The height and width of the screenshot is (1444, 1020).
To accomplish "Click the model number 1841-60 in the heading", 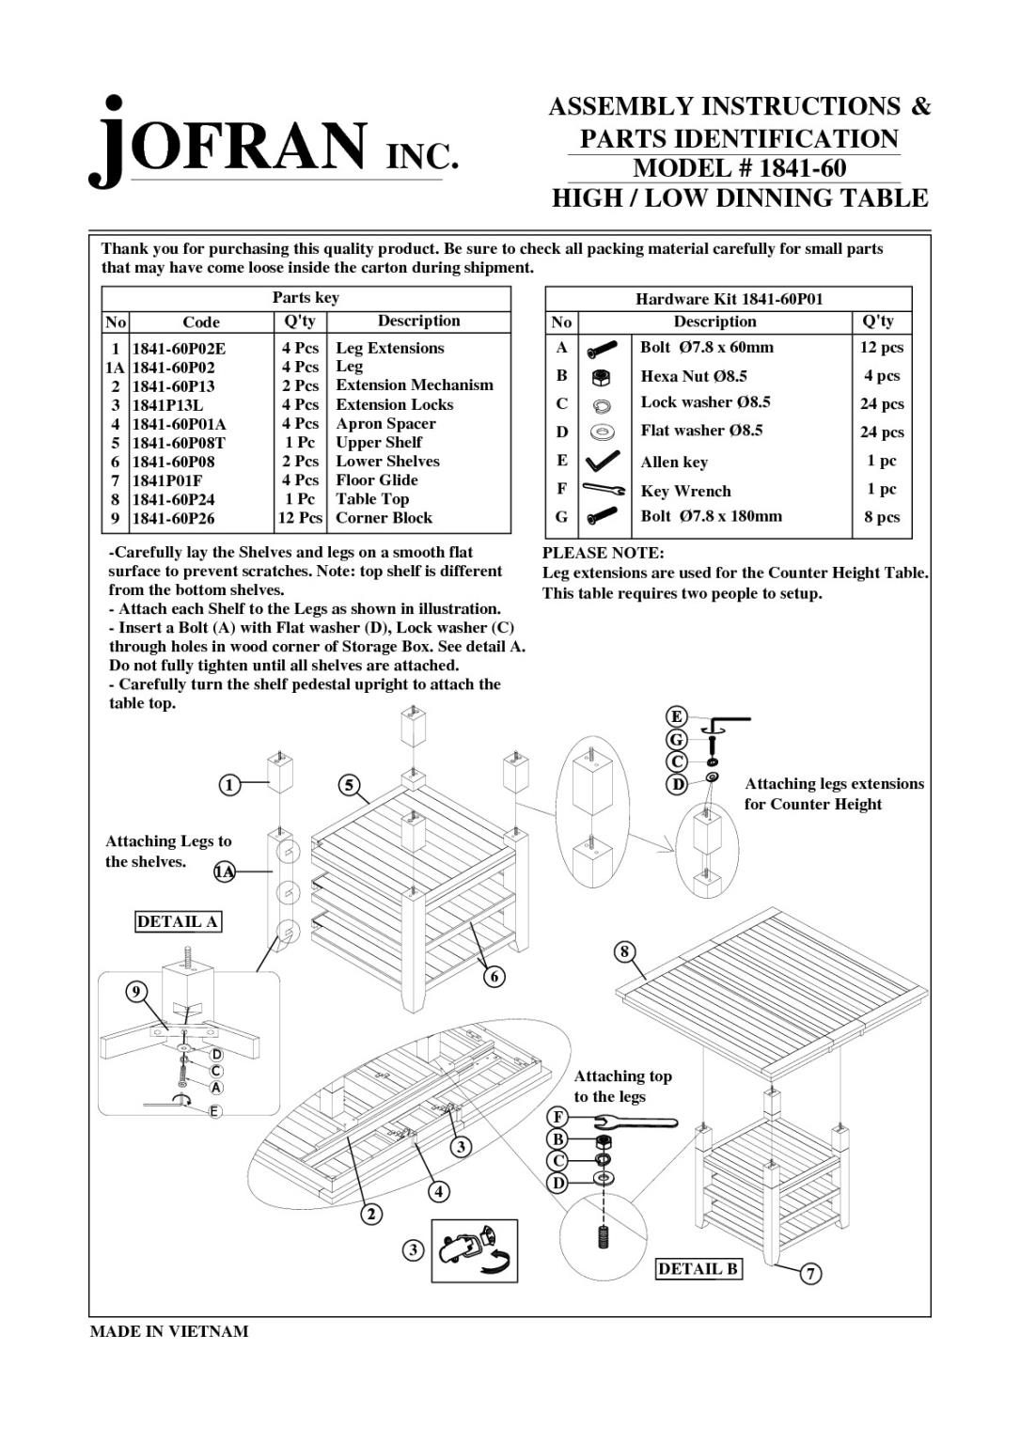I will (739, 168).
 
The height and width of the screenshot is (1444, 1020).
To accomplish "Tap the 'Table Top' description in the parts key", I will (372, 499).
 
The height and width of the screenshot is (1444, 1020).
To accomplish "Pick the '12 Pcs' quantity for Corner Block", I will (300, 518).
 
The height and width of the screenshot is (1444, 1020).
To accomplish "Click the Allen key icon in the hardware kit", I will (602, 461).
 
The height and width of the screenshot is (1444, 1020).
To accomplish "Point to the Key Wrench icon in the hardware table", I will (604, 489).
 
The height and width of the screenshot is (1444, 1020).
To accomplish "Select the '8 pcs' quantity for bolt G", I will (882, 517).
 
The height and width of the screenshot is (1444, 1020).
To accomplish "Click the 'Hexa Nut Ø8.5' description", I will (694, 376).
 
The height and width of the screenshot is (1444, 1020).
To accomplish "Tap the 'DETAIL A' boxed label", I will (178, 921).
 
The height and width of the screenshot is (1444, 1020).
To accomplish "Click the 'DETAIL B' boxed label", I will (698, 1269).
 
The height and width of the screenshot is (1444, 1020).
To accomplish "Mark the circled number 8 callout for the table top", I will (624, 951).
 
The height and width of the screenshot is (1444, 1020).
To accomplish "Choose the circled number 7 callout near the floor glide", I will (810, 1274).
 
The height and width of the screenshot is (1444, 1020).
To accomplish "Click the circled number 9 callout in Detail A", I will (136, 991).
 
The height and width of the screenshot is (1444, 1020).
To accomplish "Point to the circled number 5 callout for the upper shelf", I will (349, 785).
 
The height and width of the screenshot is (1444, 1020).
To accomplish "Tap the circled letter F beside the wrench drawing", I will (557, 1117).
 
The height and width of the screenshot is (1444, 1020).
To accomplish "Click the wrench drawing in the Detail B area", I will (625, 1121).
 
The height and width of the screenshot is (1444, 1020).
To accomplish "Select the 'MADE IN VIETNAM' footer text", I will (169, 1331).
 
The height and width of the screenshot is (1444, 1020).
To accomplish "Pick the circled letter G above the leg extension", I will (676, 740).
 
